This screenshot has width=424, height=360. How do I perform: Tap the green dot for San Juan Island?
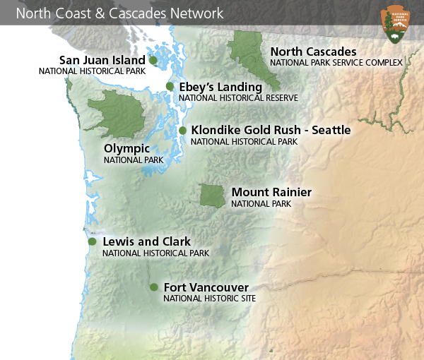[x=153, y=60]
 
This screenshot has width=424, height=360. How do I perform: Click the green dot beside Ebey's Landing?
[x=170, y=86]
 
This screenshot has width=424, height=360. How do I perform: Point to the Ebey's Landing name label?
[x=220, y=87]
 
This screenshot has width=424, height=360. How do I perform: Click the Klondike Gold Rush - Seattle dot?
[x=182, y=131]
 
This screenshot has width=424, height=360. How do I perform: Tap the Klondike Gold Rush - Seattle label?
[x=271, y=130]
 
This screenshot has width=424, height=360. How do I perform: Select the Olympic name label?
[x=126, y=148]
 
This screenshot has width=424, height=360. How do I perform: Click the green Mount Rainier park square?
[x=211, y=196]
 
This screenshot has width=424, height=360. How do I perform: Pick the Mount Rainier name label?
[x=271, y=192]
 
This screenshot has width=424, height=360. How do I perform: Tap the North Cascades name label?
[x=313, y=52]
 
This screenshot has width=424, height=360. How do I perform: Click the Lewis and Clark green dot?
[x=92, y=241]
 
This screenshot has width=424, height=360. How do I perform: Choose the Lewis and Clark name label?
[x=146, y=241]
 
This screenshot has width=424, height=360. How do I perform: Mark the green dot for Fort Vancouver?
[x=153, y=287]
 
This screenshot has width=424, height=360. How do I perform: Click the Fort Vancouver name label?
[x=206, y=287]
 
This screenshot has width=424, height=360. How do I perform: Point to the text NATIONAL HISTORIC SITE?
[x=209, y=299]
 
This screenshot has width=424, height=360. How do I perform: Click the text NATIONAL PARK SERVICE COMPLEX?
[x=336, y=63]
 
